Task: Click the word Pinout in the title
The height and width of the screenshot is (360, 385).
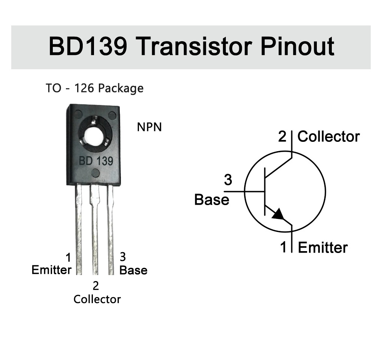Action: (297, 47)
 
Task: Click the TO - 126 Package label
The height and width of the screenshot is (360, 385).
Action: (94, 88)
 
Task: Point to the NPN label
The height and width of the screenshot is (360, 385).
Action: (149, 127)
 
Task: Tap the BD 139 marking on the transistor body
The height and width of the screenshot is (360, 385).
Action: (96, 161)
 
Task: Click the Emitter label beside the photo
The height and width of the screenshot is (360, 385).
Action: (51, 270)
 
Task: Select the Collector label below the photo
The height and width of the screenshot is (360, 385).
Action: (97, 299)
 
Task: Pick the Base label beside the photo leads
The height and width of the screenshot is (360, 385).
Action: (133, 270)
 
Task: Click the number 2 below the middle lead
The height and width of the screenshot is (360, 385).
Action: (96, 286)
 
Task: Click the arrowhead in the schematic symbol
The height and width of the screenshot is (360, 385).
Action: (279, 214)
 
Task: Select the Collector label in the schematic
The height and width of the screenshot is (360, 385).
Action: (328, 137)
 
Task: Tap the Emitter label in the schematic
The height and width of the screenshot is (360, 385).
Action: (323, 247)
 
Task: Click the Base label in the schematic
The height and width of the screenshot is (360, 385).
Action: (212, 199)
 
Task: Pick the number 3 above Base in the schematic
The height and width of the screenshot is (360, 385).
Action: (228, 180)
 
